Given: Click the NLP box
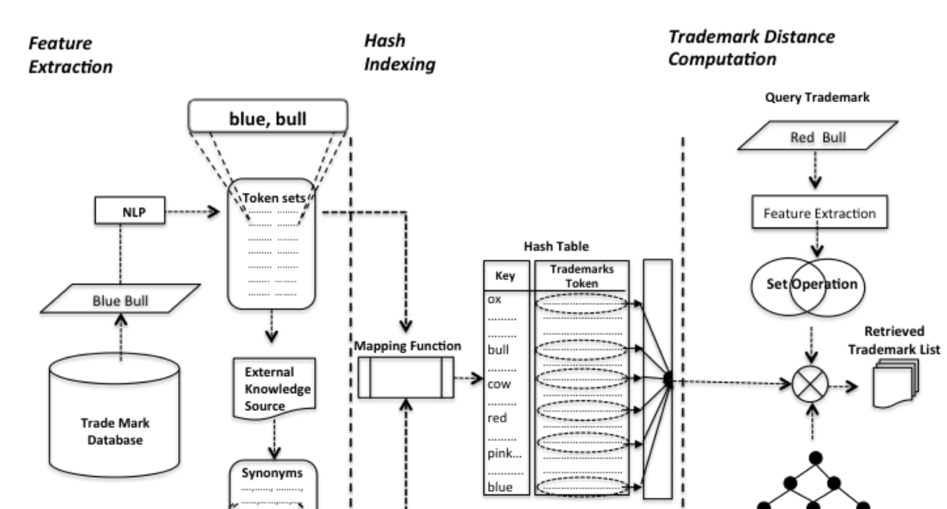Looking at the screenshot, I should click(130, 211).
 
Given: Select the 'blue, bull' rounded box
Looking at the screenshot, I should click(268, 117).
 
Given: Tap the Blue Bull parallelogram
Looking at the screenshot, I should click(120, 299).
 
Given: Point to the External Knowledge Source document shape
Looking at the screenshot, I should click(274, 388).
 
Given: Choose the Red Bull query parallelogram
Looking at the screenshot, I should click(817, 137).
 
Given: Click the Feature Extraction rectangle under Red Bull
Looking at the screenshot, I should click(819, 212).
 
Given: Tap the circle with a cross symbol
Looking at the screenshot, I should click(810, 384).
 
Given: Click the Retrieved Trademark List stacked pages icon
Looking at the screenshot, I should click(895, 384).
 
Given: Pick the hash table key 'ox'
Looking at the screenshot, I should click(495, 299).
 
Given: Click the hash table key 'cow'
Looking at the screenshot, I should click(499, 384).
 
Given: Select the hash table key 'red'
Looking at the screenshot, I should click(497, 418).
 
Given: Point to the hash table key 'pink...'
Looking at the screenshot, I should click(504, 453).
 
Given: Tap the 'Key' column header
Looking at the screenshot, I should click(505, 275).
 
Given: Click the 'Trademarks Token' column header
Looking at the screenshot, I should click(581, 276).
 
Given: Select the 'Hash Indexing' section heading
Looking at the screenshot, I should click(399, 53).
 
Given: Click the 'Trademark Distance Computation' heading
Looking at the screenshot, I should click(750, 48).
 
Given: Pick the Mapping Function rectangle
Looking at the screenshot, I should click(405, 377).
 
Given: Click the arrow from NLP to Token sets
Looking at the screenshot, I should click(192, 211).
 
